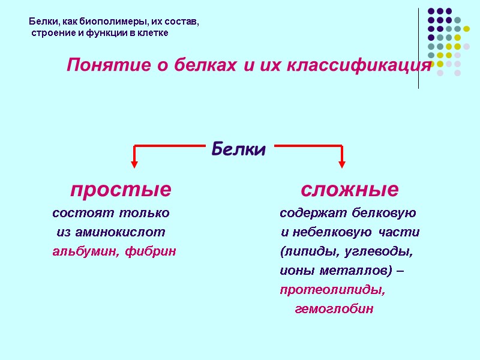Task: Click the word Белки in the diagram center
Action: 238,150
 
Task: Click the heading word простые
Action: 121,190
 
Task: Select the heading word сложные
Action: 349,190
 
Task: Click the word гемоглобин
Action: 334,309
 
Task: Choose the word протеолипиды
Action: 332,290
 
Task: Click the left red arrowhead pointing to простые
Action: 134,162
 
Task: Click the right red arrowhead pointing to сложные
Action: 342,162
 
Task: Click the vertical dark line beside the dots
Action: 418,48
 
